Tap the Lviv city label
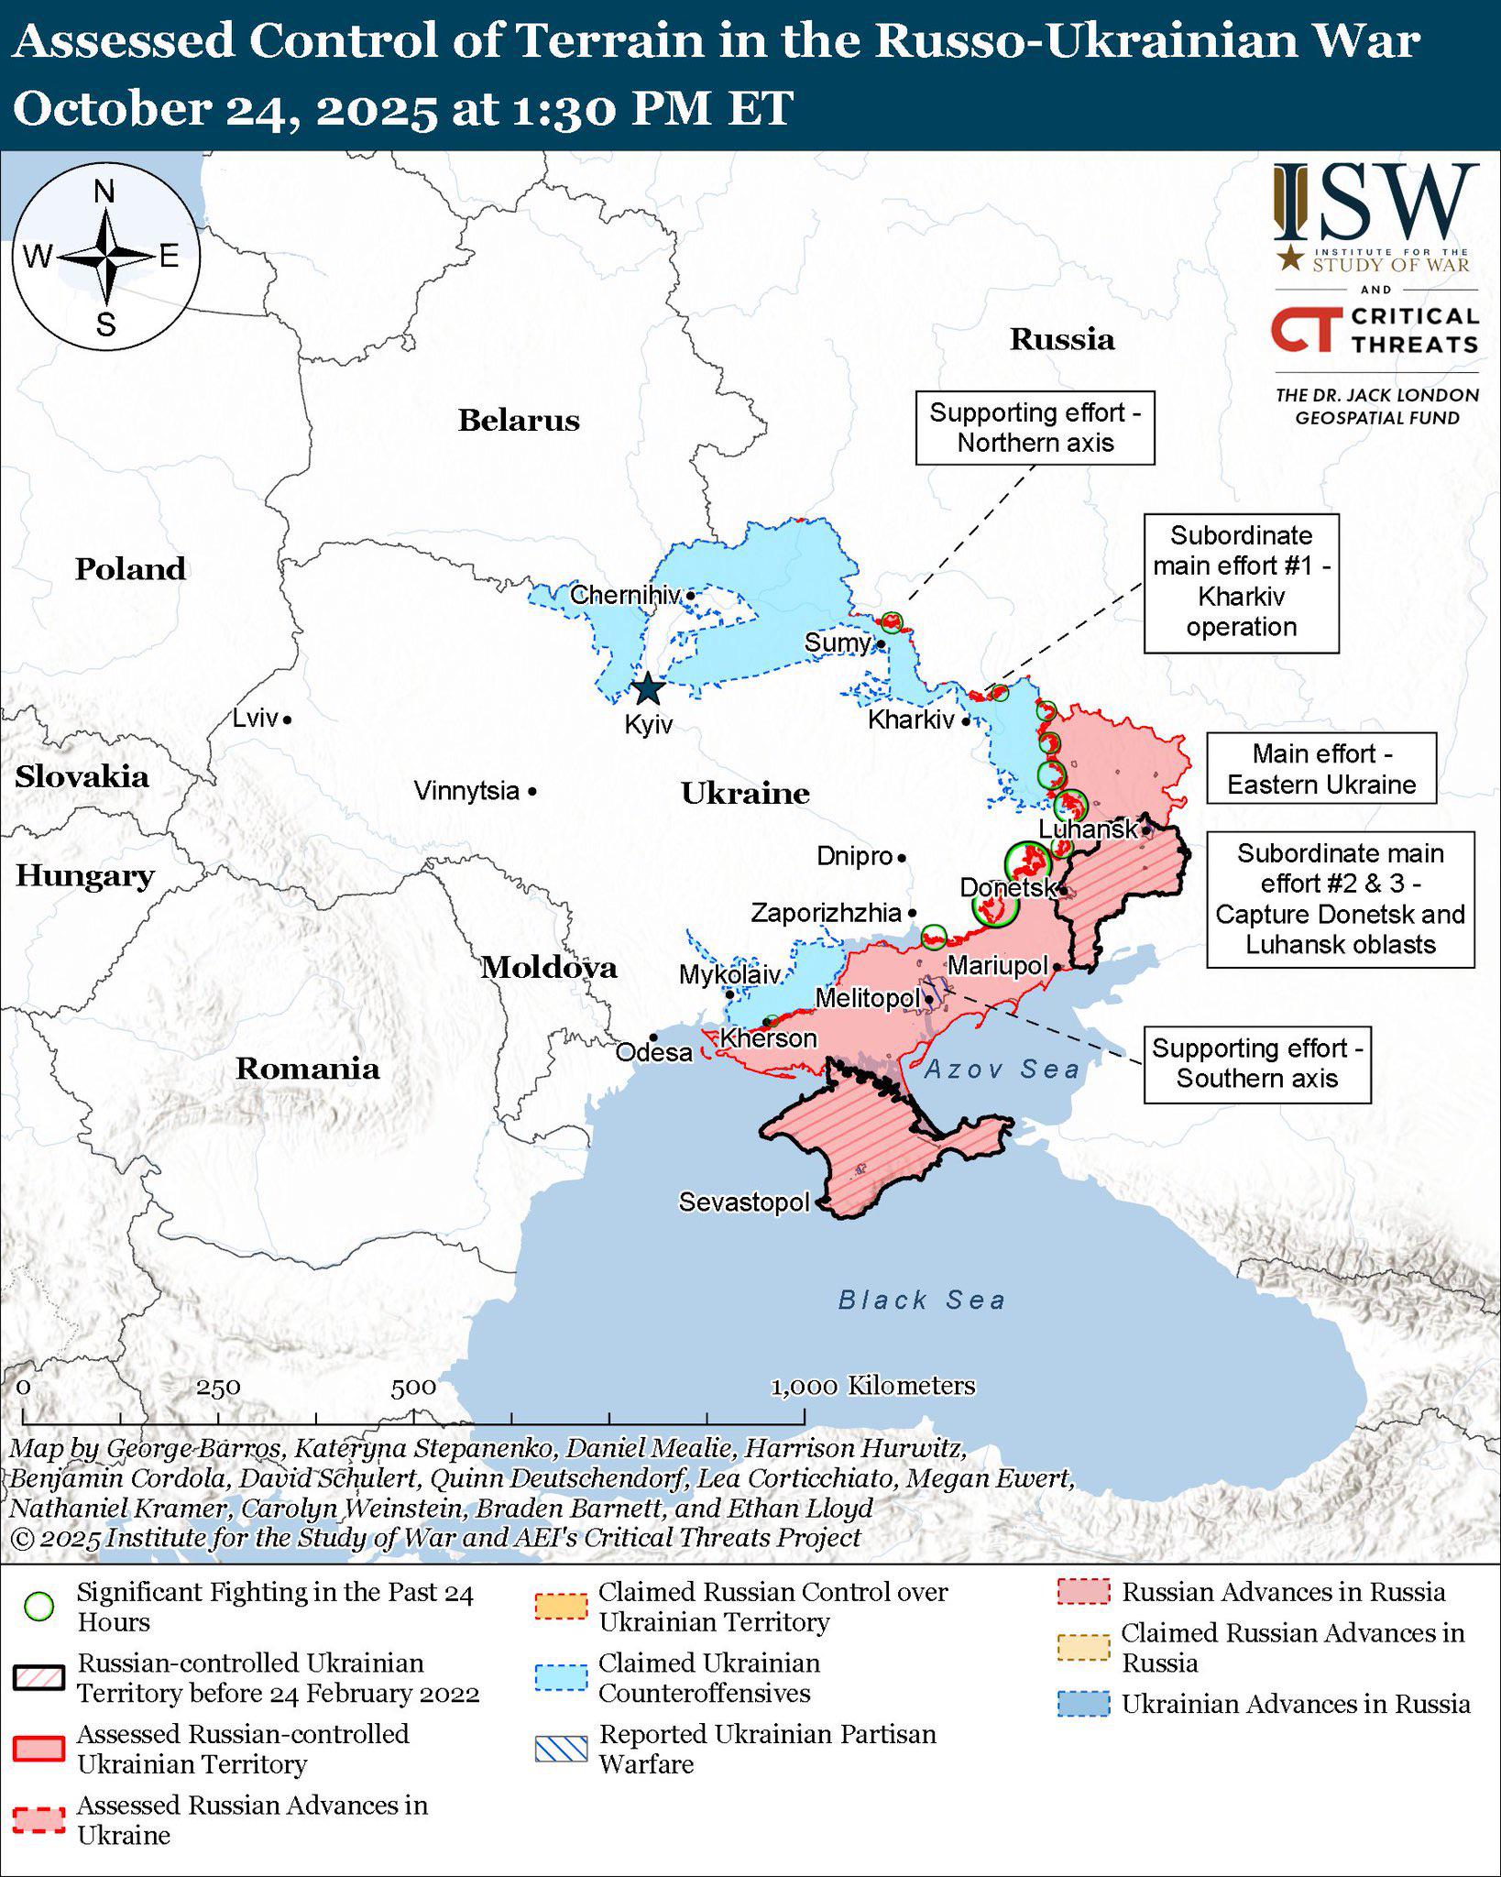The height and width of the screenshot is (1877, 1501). pyautogui.click(x=255, y=718)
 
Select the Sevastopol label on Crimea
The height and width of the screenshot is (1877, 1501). pyautogui.click(x=744, y=1202)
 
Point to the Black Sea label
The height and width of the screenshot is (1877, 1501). pyautogui.click(x=921, y=1300)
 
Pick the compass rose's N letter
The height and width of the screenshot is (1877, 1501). pyautogui.click(x=104, y=192)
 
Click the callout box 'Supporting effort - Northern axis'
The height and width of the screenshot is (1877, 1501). pyautogui.click(x=1035, y=428)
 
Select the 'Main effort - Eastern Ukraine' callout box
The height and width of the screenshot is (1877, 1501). pyautogui.click(x=1320, y=769)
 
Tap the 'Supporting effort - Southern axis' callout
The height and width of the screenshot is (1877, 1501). pyautogui.click(x=1256, y=1063)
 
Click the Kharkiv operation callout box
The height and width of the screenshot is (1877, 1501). pyautogui.click(x=1241, y=582)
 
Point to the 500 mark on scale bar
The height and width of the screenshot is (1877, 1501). pyautogui.click(x=413, y=1388)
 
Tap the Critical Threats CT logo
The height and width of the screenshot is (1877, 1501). pyautogui.click(x=1302, y=329)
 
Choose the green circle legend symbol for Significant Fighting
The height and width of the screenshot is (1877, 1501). pyautogui.click(x=38, y=1607)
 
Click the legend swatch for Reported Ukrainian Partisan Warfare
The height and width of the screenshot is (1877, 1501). pyautogui.click(x=561, y=1749)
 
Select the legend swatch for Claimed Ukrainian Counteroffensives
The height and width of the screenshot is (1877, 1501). pyautogui.click(x=561, y=1677)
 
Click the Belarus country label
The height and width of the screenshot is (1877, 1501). pyautogui.click(x=519, y=421)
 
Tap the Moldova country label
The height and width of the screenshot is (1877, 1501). pyautogui.click(x=549, y=968)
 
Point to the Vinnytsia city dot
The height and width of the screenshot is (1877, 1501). pyautogui.click(x=532, y=791)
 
